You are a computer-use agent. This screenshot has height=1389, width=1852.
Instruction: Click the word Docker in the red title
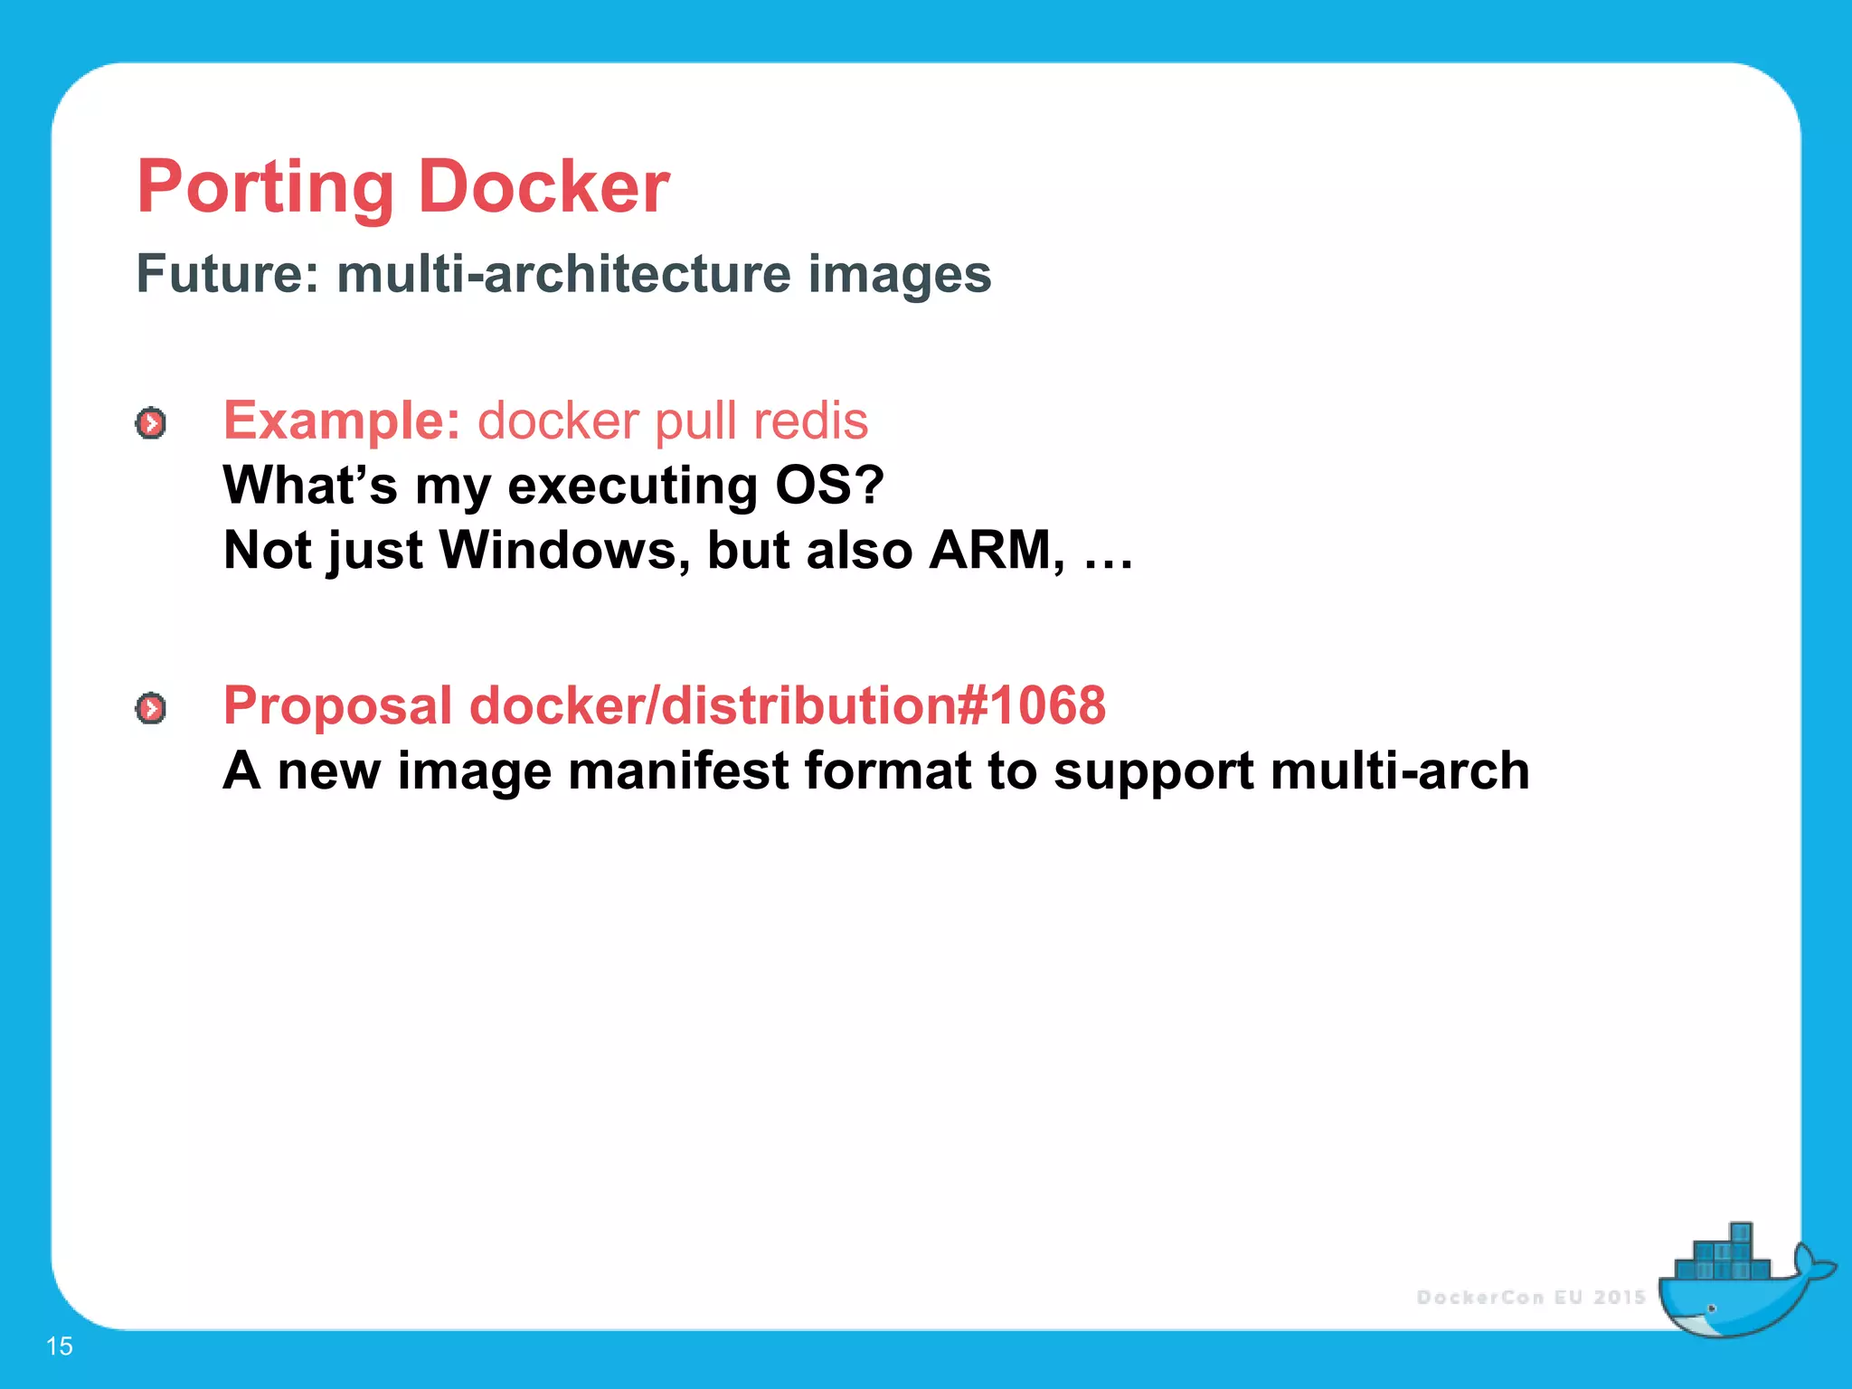click(x=543, y=187)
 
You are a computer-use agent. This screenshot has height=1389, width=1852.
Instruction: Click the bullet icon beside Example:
click(x=151, y=423)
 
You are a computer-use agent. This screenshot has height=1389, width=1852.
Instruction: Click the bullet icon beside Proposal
click(x=151, y=708)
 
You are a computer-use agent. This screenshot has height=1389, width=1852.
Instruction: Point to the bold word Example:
click(x=342, y=420)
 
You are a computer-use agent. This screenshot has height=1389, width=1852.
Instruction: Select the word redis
click(x=810, y=420)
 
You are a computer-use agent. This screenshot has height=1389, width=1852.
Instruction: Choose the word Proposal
click(x=337, y=706)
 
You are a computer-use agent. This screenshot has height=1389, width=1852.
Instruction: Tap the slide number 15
click(x=59, y=1346)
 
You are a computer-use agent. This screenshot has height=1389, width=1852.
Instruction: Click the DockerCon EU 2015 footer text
click(x=1530, y=1297)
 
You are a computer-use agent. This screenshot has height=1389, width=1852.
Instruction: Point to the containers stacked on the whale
click(x=1724, y=1255)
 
